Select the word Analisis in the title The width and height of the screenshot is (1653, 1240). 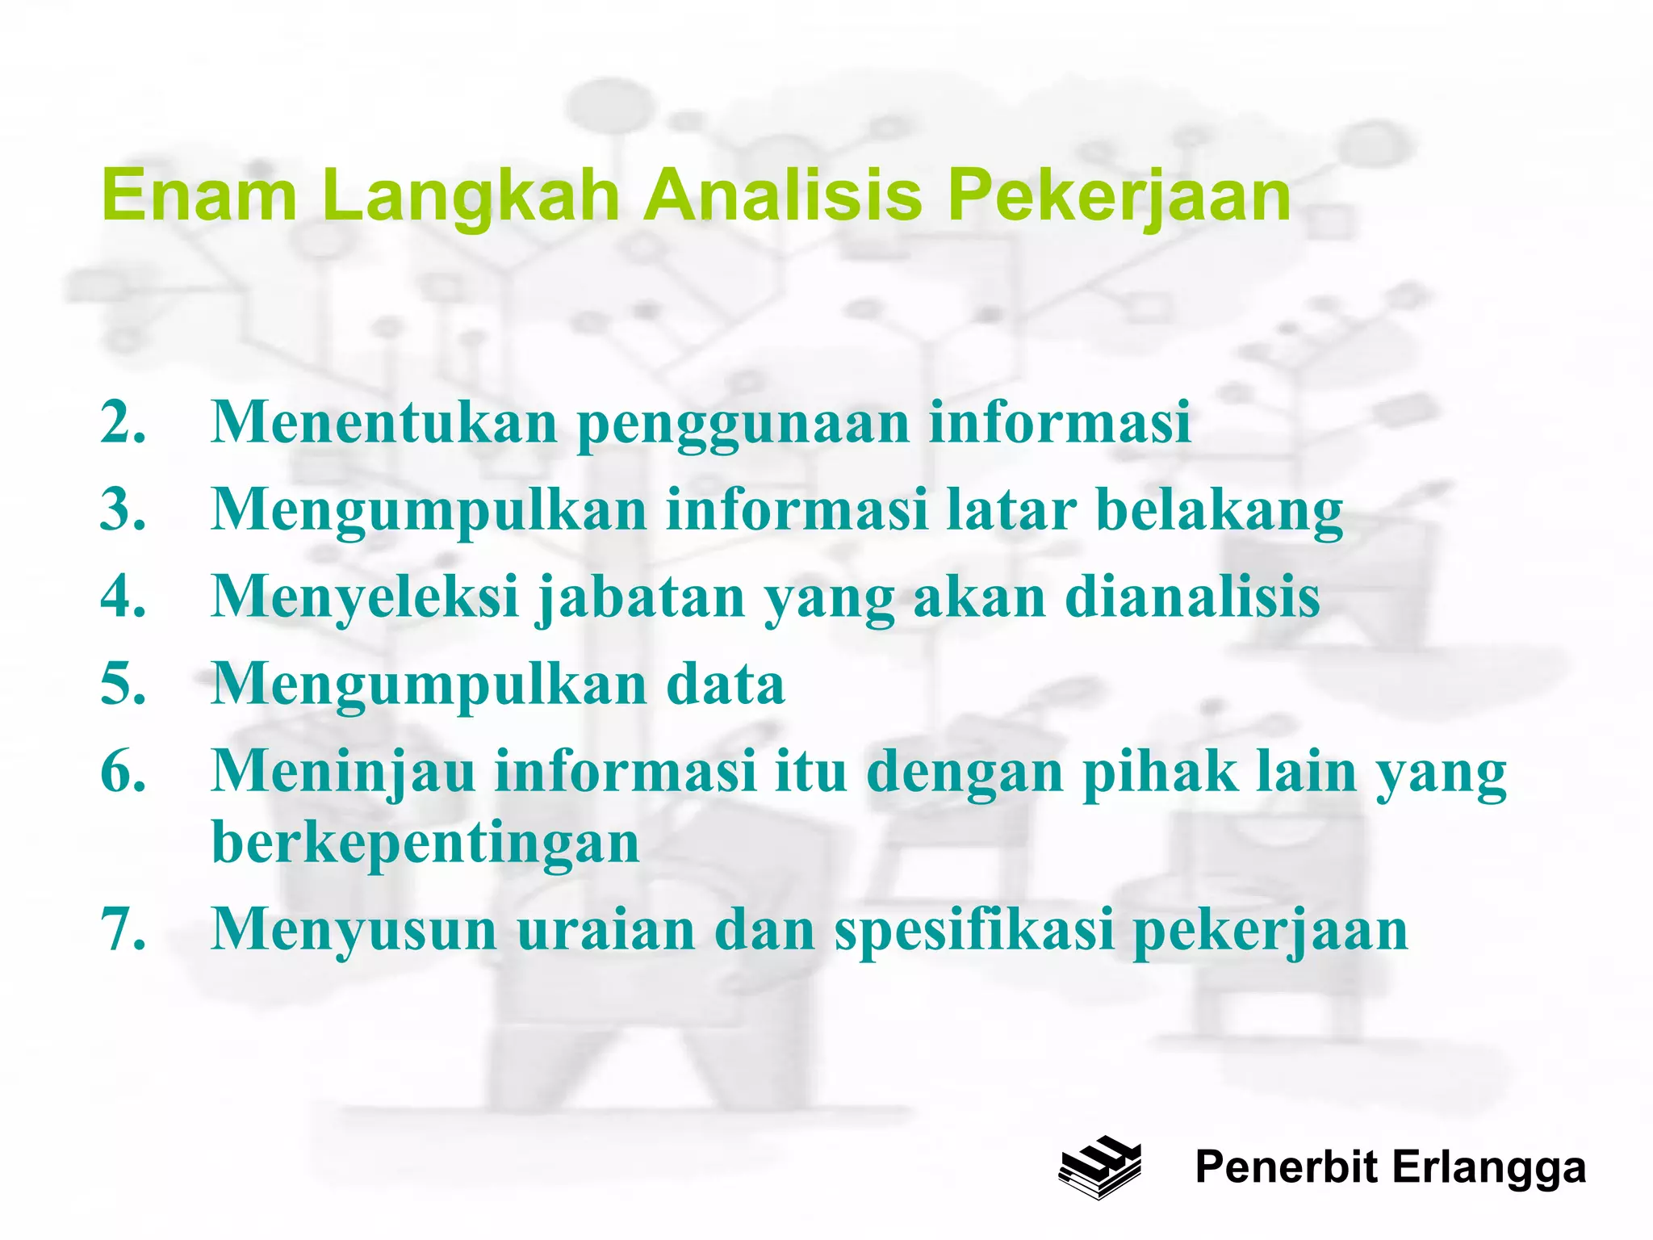point(782,195)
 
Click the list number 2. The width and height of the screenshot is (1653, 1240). point(123,421)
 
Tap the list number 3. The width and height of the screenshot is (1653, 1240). point(123,509)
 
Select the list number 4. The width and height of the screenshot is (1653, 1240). point(123,597)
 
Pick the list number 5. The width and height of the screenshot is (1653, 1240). point(123,684)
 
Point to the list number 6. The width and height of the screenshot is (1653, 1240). point(123,771)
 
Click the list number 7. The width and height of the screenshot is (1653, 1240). point(123,929)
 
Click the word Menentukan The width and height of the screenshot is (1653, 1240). point(384,421)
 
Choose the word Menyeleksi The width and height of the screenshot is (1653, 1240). point(365,598)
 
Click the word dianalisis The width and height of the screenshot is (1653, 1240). point(1192,597)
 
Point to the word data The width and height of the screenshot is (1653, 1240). point(725,684)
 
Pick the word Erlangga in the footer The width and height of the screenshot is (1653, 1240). point(1488,1168)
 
